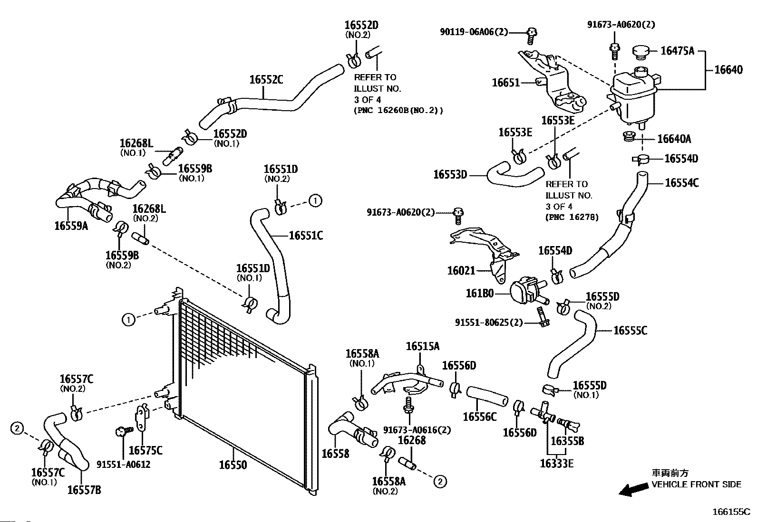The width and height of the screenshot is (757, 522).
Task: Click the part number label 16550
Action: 233,465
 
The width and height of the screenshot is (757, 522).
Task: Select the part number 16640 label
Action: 728,69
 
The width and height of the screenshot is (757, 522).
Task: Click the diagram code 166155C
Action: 731,512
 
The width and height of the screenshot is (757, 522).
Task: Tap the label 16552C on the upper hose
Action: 266,80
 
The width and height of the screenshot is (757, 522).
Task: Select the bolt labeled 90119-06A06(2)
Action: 532,36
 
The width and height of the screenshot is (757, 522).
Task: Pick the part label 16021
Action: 461,270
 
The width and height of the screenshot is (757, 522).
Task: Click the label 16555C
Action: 630,331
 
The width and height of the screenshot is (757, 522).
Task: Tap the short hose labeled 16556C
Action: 487,397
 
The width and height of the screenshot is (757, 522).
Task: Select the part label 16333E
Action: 557,464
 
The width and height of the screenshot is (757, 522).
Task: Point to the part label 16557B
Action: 84,490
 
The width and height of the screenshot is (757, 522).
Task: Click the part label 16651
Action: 506,82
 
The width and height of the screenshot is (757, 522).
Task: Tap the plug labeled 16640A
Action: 629,136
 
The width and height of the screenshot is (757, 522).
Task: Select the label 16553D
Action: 450,175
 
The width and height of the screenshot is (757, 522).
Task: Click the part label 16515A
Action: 423,346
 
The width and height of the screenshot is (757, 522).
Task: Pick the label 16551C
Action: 306,235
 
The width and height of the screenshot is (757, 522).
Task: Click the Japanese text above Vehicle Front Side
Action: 670,473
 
